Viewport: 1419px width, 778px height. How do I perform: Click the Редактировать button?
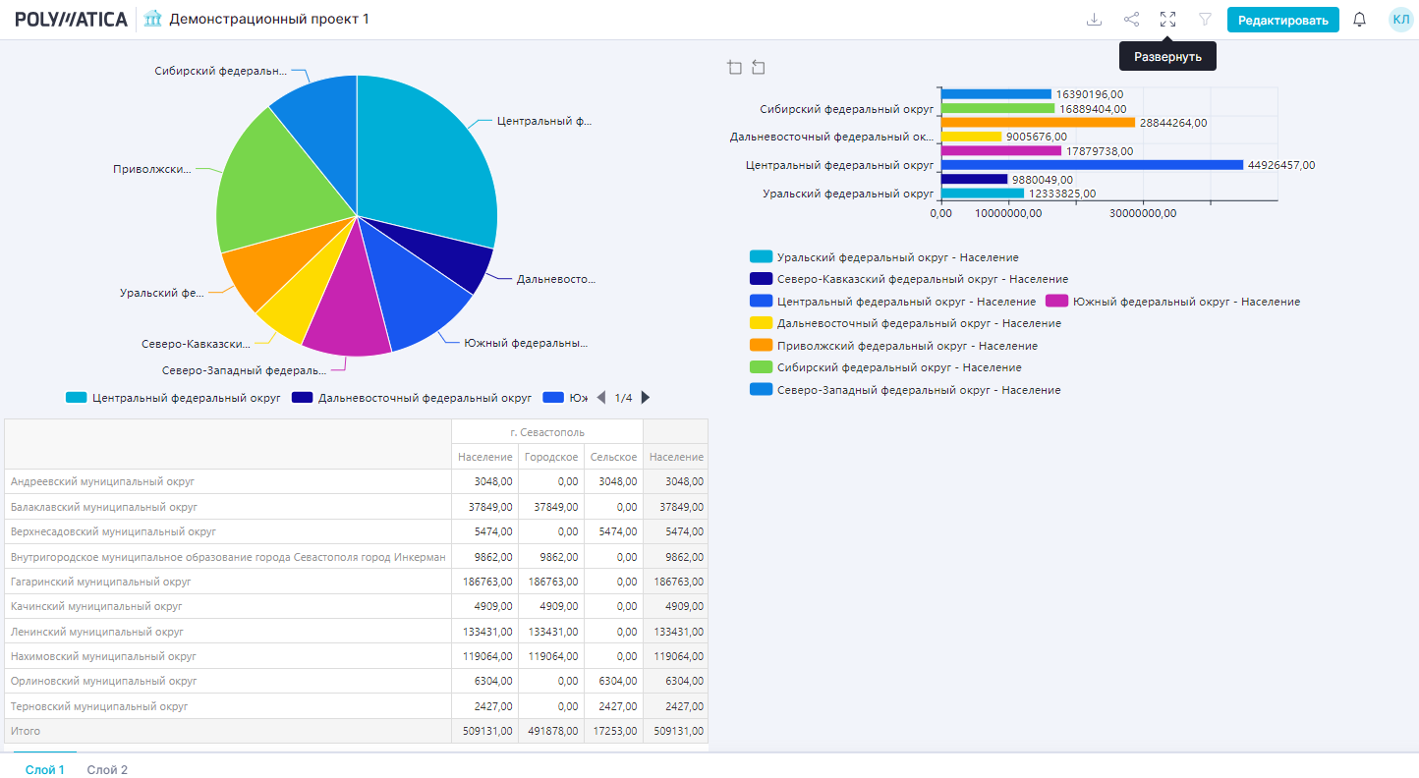click(x=1282, y=20)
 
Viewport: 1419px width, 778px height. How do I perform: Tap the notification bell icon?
click(x=1360, y=20)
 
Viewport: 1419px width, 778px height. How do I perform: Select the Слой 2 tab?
click(x=107, y=770)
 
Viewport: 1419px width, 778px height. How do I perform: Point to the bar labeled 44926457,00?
click(x=1091, y=165)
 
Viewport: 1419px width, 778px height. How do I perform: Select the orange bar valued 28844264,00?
click(x=1038, y=123)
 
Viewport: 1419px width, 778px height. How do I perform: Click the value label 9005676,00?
click(x=1036, y=137)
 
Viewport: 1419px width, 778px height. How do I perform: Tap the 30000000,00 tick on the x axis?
click(x=1143, y=213)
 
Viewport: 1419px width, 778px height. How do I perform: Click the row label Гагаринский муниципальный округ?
click(x=100, y=582)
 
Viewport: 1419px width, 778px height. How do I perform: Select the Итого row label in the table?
click(x=26, y=731)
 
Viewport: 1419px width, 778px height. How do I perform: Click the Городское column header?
click(x=551, y=457)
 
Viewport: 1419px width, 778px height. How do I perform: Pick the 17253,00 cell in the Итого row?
click(x=613, y=731)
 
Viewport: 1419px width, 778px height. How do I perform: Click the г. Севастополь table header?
click(x=547, y=432)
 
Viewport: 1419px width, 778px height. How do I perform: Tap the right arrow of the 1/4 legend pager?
click(x=646, y=398)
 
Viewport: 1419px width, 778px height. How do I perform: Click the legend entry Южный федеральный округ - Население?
click(x=1173, y=302)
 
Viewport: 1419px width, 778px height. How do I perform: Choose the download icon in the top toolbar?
click(x=1094, y=20)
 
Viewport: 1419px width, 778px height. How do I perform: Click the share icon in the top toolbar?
click(x=1131, y=20)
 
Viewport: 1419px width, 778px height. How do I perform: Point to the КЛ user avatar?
click(x=1400, y=20)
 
